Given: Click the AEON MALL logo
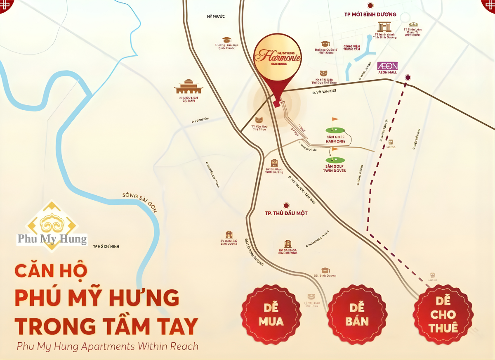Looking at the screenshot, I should tap(388, 66).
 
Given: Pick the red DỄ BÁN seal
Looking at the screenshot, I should tap(357, 315).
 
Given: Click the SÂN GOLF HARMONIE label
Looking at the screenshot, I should tap(335, 139).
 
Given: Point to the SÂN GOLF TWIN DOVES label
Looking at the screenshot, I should tap(334, 168).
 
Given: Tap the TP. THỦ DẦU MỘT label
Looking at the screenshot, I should tap(286, 213).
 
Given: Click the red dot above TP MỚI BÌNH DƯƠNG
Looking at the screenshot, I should tap(370, 5).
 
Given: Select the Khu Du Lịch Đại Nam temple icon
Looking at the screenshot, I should tap(189, 87).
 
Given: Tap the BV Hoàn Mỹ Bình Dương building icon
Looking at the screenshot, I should tap(229, 234).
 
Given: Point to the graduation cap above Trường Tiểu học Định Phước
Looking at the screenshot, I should tap(226, 40).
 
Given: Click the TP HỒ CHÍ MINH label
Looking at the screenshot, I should tap(106, 246).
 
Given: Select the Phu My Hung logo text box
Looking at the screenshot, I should tap(52, 239).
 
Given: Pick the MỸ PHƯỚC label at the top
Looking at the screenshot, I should tap(216, 17).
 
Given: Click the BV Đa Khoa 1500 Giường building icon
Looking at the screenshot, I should tap(274, 163).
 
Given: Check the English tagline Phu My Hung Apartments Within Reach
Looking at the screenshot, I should tap(108, 346).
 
